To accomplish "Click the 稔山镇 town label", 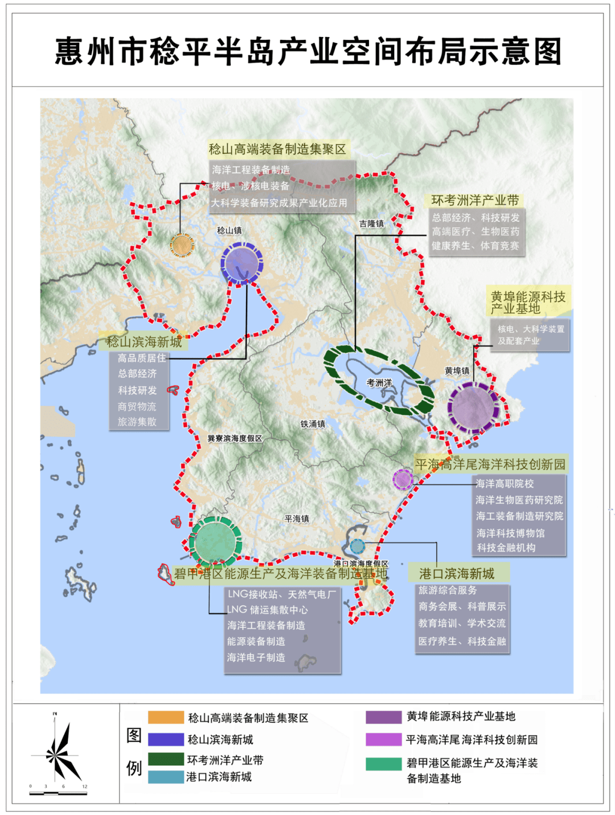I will tap(229, 230).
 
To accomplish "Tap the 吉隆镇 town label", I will tap(371, 224).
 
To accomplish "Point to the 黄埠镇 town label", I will tap(457, 371).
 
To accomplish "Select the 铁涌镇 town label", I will tap(313, 424).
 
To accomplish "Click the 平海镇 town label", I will tap(297, 519).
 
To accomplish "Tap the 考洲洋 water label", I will tap(379, 383).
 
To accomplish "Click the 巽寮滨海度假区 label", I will tap(235, 438).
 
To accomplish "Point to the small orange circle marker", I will tap(182, 245).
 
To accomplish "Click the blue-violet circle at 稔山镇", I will tap(242, 263).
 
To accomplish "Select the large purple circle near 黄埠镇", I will tap(473, 407).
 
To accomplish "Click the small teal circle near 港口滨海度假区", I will tap(357, 546).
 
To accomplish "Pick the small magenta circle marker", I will tap(403, 479).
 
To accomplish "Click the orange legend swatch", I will tap(166, 717).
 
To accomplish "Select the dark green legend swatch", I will tap(166, 759).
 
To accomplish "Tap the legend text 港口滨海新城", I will tap(219, 777).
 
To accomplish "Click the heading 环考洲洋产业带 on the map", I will tap(475, 201).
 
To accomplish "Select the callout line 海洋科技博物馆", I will tap(510, 533).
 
